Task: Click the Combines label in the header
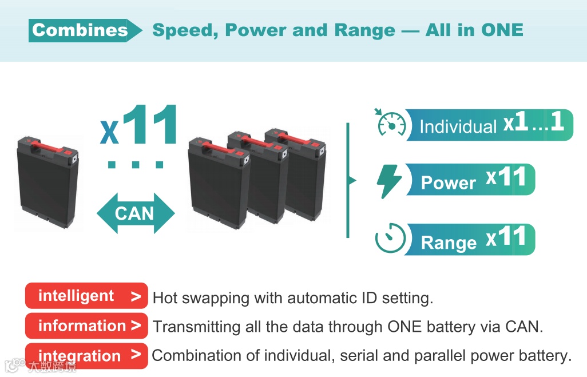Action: point(80,30)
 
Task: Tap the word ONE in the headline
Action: point(502,30)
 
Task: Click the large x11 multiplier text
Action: point(139,125)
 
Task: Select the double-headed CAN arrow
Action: point(136,213)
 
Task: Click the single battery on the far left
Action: point(48,182)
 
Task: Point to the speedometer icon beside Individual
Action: point(391,123)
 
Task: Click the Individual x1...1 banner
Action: point(489,125)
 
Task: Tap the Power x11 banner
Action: point(470,179)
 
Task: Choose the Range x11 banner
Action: point(470,240)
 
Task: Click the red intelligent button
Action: point(86,296)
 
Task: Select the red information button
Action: point(86,326)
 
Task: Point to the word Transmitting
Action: point(197,327)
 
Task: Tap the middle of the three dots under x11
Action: point(136,164)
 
